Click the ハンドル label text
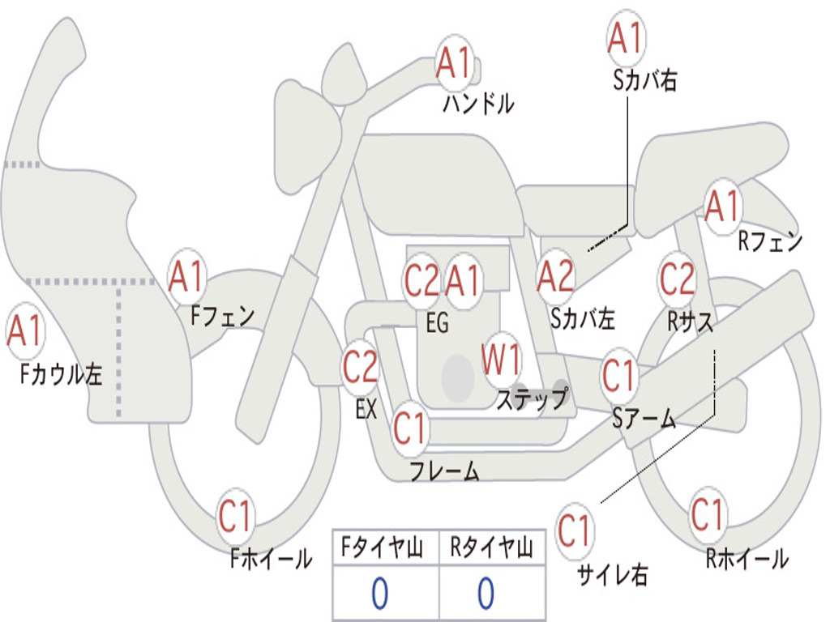(x=478, y=103)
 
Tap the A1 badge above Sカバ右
(x=627, y=38)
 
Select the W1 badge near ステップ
(x=501, y=359)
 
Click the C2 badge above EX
(x=360, y=366)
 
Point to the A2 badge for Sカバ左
(x=555, y=277)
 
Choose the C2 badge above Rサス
(x=677, y=279)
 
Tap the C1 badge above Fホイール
(x=235, y=516)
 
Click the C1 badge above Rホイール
(x=707, y=514)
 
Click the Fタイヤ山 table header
(x=383, y=547)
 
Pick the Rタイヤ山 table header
(x=492, y=547)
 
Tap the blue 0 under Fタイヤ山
(x=379, y=594)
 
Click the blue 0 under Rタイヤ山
(x=486, y=594)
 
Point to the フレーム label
(x=445, y=471)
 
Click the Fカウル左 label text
(x=61, y=374)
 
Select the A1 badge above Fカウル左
(x=25, y=330)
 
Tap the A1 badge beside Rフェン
(x=722, y=207)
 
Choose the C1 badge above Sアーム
(x=618, y=375)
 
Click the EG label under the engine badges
(x=437, y=322)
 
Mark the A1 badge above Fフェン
(x=187, y=276)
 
